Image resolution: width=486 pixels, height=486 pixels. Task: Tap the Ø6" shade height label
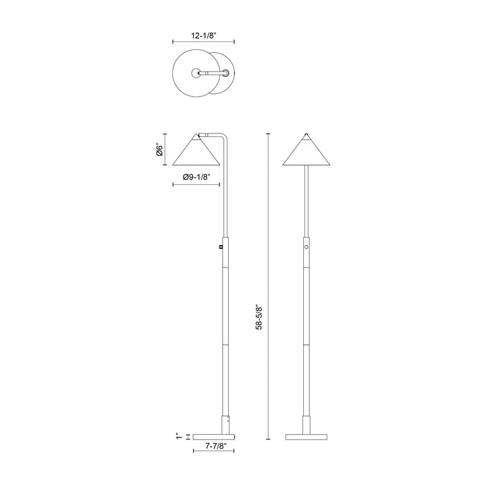point(159,149)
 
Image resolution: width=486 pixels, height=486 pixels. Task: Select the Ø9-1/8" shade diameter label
point(196,177)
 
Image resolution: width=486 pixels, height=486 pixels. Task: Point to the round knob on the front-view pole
point(308,248)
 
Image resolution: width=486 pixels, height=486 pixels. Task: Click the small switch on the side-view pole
point(221,248)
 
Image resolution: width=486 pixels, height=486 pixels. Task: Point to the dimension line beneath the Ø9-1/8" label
point(196,184)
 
